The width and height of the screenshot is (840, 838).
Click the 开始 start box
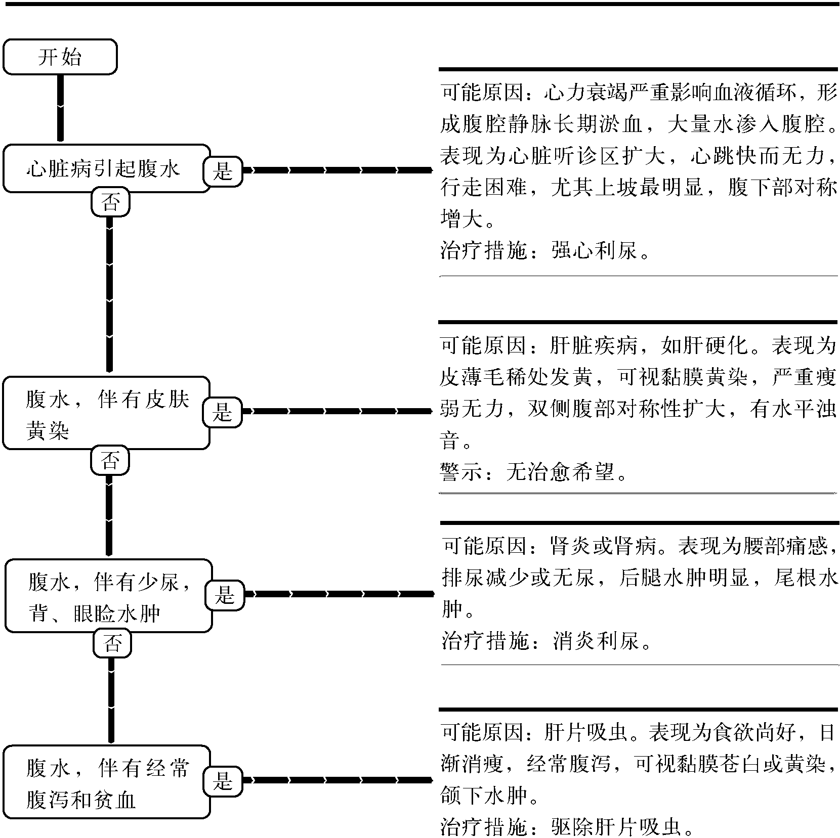tap(60, 57)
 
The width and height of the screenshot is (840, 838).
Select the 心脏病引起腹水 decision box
tap(106, 168)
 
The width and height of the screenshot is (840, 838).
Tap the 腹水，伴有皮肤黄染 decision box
tap(106, 413)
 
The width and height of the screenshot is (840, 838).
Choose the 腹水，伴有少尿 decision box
tap(108, 596)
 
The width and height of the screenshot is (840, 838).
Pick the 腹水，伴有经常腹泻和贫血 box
tap(106, 782)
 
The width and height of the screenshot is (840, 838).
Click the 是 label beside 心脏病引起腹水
tap(223, 171)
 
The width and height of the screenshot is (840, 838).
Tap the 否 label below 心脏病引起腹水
tap(110, 202)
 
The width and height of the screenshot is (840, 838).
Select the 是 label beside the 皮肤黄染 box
tap(223, 412)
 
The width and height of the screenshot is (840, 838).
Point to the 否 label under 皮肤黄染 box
tap(110, 461)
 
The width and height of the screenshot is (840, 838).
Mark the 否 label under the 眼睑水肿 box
tap(112, 644)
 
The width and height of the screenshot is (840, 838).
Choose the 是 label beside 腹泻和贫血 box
tap(223, 781)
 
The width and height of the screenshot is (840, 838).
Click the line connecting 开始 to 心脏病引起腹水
tap(60, 108)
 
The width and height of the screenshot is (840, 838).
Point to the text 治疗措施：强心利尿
tap(545, 250)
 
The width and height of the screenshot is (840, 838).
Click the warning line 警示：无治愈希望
tap(534, 473)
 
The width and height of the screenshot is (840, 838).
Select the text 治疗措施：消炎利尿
tap(547, 641)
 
